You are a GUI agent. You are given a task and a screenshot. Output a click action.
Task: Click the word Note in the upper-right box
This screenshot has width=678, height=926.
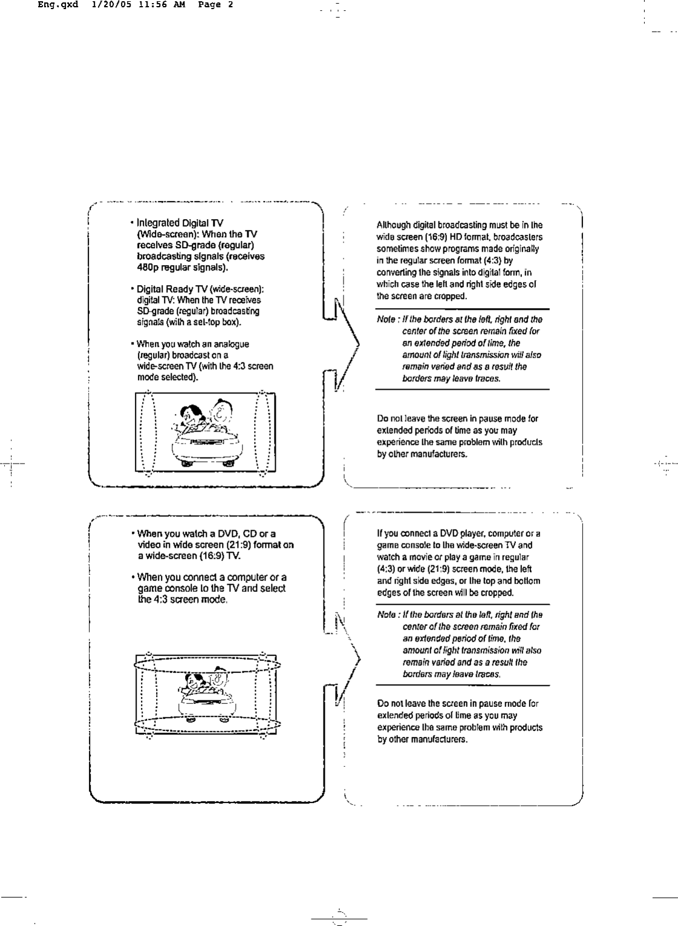[x=386, y=319]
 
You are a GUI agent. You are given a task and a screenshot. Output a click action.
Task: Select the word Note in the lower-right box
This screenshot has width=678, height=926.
[x=386, y=614]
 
